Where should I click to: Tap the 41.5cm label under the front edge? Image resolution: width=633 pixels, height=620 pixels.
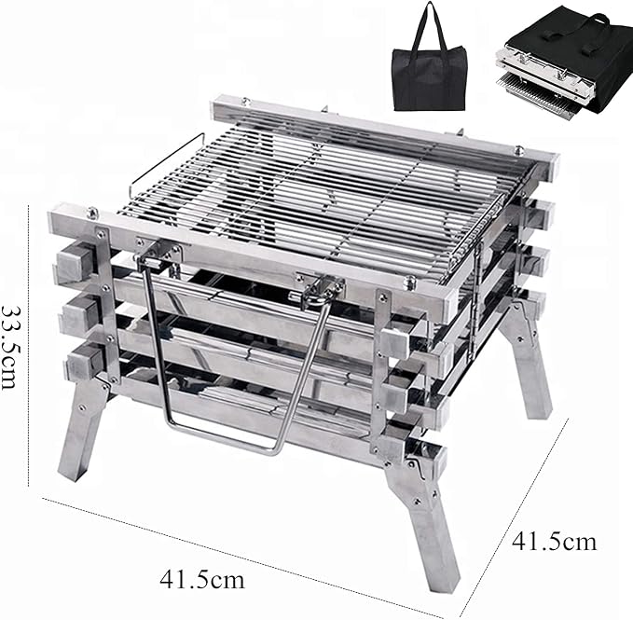pyautogui.click(x=202, y=580)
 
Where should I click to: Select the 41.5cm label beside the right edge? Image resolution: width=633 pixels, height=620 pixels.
pyautogui.click(x=554, y=542)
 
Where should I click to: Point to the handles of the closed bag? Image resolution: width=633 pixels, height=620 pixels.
pyautogui.click(x=429, y=25)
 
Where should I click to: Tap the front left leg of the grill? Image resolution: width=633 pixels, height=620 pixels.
pyautogui.click(x=81, y=428)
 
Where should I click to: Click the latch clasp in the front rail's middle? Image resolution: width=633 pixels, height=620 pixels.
pyautogui.click(x=323, y=289)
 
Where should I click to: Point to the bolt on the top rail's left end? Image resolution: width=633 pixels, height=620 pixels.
pyautogui.click(x=92, y=212)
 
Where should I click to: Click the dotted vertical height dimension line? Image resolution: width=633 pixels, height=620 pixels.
pyautogui.click(x=29, y=346)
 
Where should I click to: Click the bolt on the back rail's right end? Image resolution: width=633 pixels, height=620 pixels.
pyautogui.click(x=519, y=150)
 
